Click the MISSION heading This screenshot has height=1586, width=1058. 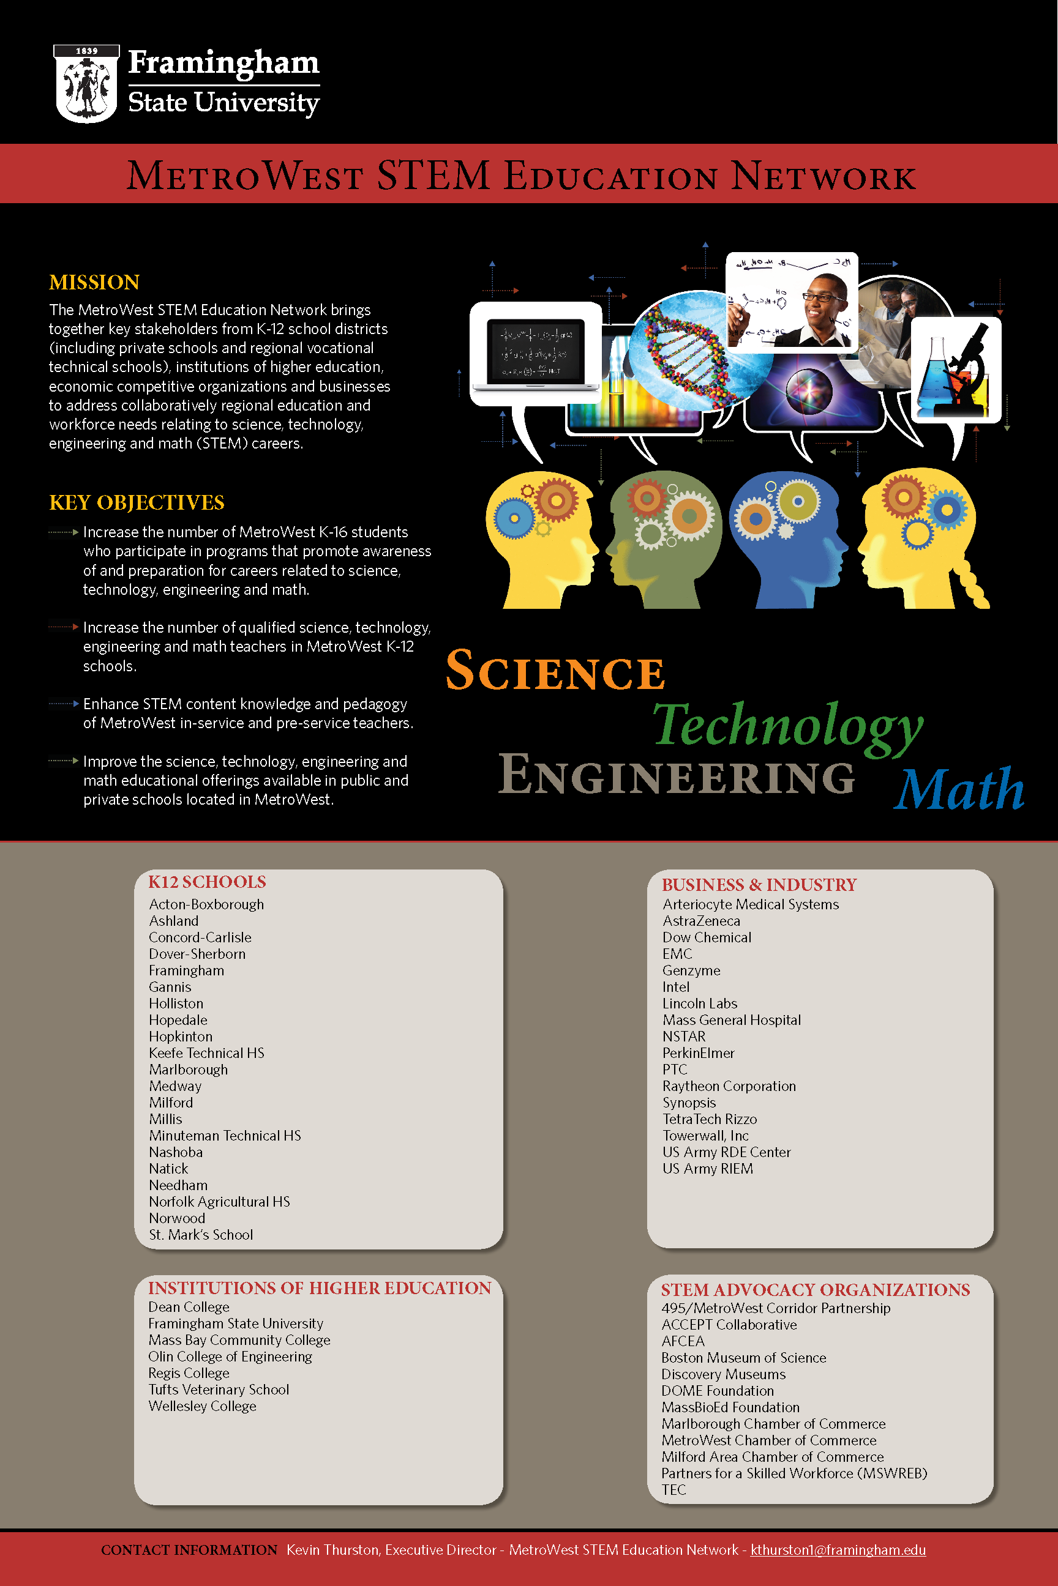click(94, 282)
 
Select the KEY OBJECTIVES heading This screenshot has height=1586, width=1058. click(137, 502)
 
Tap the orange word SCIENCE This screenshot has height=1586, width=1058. click(555, 671)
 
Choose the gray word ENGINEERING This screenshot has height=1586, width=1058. click(676, 775)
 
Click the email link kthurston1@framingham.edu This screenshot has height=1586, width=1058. click(838, 1549)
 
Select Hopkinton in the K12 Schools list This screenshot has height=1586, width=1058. click(181, 1037)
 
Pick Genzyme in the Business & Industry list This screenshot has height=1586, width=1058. click(691, 970)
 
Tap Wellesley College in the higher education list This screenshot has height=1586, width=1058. click(203, 1406)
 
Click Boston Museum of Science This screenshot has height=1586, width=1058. click(743, 1357)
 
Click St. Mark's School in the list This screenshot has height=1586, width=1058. click(201, 1235)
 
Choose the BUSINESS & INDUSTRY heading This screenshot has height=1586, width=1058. click(759, 885)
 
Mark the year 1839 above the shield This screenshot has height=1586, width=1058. click(86, 51)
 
